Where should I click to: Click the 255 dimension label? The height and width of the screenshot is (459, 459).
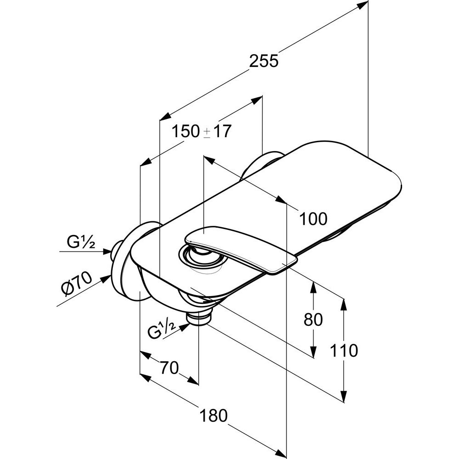(x=263, y=61)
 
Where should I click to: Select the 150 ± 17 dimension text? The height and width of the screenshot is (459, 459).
(x=201, y=132)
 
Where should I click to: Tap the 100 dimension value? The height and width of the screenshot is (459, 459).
(x=313, y=218)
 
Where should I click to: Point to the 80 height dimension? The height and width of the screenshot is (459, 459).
(x=313, y=319)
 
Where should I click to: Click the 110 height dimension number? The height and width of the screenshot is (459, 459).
(x=344, y=351)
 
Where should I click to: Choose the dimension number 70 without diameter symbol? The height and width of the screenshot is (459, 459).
(x=169, y=368)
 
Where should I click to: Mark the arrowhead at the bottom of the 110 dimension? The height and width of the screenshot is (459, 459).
(x=344, y=397)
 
